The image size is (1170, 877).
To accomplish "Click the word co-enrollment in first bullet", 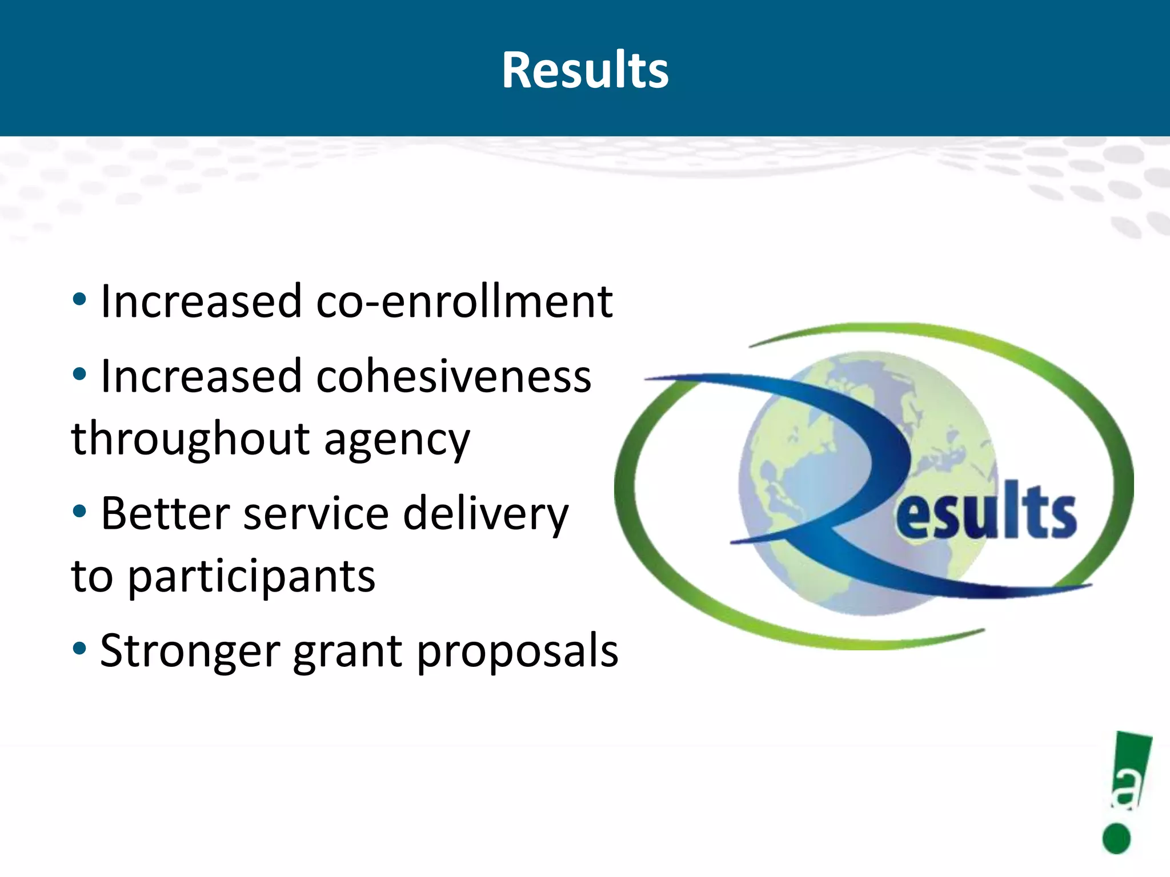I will point(464,301).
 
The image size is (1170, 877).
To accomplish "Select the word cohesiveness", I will point(454,377).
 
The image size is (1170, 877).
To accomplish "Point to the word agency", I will point(397,441).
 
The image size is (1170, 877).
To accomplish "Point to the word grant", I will point(348,653).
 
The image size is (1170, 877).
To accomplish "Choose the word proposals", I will point(517,653).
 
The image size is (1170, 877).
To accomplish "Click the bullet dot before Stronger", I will point(79,648).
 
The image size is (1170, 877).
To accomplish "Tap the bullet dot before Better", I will point(79,511).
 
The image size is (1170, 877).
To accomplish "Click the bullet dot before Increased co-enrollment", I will point(79,299).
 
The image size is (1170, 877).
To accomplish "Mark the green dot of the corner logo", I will point(1116,838).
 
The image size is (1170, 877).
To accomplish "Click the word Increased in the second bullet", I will point(201,377).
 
